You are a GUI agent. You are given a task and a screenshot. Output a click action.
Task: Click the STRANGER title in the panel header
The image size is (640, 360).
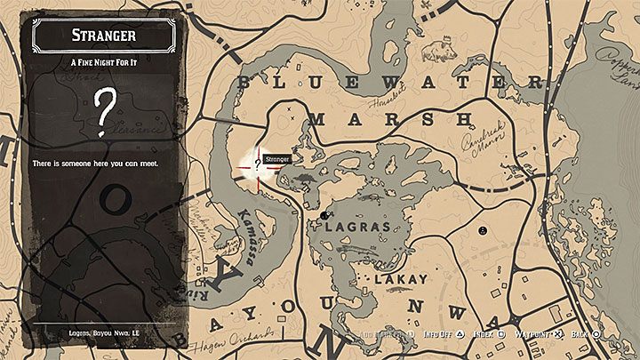tap(106, 36)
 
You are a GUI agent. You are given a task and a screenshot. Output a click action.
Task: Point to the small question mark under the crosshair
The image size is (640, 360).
tap(258, 164)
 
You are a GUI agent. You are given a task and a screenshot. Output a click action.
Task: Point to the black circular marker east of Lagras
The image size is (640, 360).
tap(481, 229)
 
